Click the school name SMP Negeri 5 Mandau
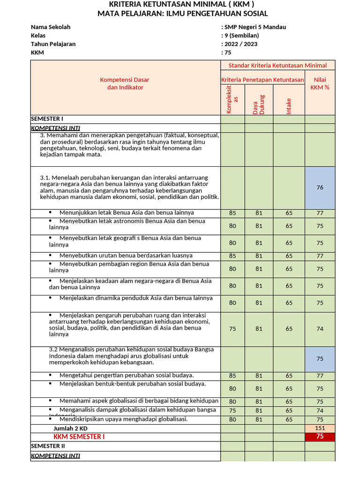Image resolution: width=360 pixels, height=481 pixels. click(x=255, y=27)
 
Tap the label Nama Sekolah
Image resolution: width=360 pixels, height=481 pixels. click(x=51, y=27)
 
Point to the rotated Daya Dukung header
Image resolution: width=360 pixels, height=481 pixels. click(x=259, y=104)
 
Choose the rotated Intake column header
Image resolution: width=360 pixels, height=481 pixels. click(x=289, y=105)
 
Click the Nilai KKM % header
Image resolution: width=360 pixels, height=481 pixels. click(x=320, y=84)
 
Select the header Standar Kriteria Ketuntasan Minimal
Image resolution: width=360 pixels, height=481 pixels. click(x=277, y=65)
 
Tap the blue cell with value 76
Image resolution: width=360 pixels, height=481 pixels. click(x=320, y=187)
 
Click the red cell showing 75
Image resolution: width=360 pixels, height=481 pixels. click(x=320, y=436)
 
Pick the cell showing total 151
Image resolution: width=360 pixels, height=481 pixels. click(x=320, y=428)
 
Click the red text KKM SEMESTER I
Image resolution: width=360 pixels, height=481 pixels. click(x=79, y=436)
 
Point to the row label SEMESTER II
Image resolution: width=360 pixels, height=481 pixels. click(x=48, y=446)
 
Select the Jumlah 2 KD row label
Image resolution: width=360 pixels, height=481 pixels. click(x=70, y=428)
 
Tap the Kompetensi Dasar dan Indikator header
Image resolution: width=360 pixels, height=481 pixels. click(x=125, y=84)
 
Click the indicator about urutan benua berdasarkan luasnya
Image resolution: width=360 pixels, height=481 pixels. click(x=126, y=256)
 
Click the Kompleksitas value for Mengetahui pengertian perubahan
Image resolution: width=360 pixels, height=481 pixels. click(x=232, y=376)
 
